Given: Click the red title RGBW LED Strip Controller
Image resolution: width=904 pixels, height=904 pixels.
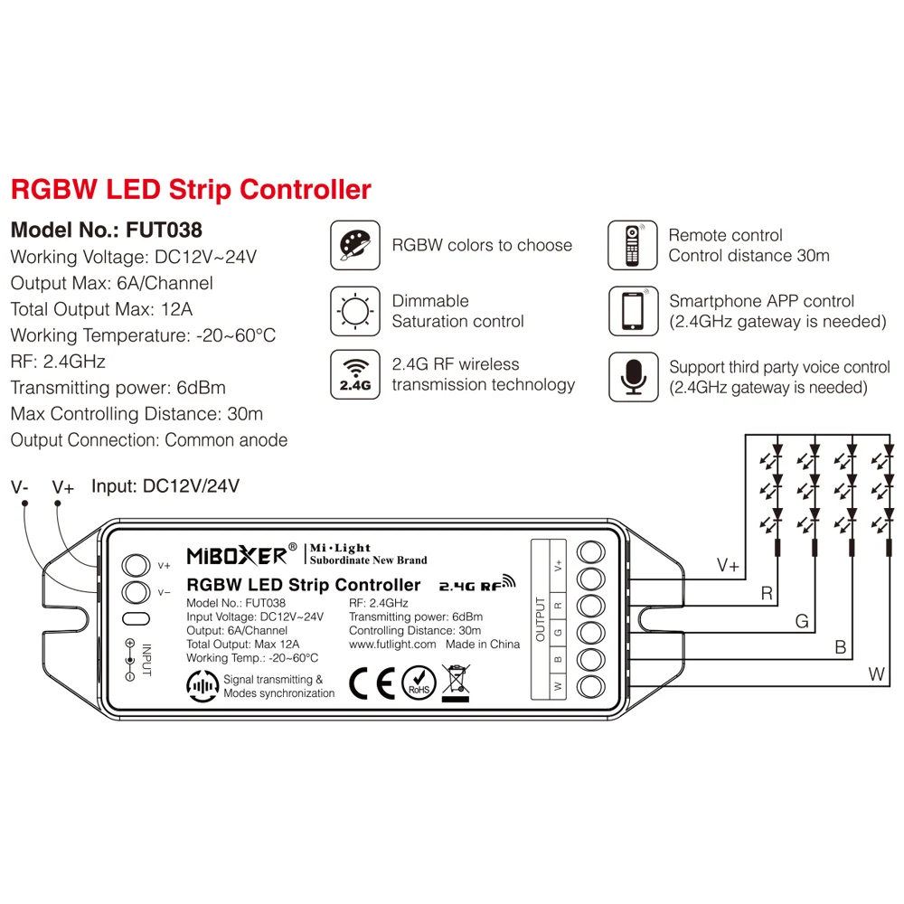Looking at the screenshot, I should pyautogui.click(x=191, y=191).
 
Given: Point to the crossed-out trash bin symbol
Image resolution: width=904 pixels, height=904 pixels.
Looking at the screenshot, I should pyautogui.click(x=456, y=683).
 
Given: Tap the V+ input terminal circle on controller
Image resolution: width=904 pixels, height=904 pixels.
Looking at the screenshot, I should pyautogui.click(x=135, y=566).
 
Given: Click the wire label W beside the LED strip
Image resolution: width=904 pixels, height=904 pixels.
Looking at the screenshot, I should pyautogui.click(x=876, y=673).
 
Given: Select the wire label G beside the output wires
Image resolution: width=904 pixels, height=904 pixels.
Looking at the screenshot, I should pyautogui.click(x=801, y=621).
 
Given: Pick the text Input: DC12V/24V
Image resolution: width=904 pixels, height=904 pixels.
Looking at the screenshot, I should pyautogui.click(x=165, y=486).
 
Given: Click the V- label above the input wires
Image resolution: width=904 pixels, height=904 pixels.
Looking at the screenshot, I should pyautogui.click(x=20, y=488).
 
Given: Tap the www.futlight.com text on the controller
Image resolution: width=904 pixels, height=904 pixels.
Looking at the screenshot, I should pyautogui.click(x=392, y=645).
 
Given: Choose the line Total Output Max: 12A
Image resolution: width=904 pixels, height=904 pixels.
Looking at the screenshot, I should pyautogui.click(x=101, y=309).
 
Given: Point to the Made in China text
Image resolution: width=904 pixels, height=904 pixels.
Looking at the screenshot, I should pyautogui.click(x=484, y=645).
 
